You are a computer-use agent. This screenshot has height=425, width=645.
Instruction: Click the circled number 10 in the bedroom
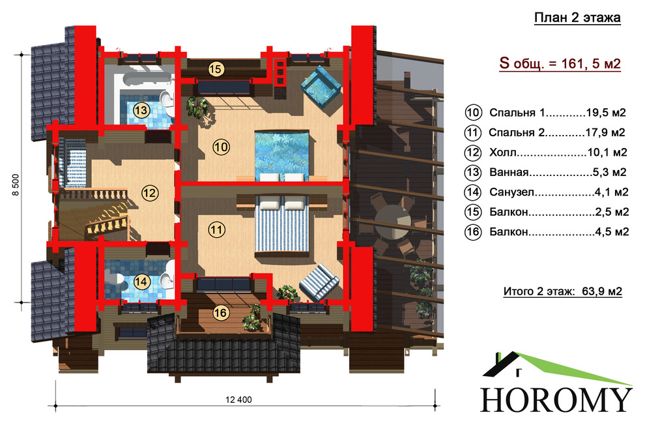(221, 147)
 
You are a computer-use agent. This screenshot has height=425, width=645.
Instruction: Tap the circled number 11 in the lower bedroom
(217, 229)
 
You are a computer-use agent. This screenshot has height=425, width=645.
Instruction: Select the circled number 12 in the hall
(150, 192)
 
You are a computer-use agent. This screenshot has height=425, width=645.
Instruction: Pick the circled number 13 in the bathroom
(141, 110)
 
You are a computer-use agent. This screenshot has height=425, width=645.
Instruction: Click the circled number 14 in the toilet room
(141, 282)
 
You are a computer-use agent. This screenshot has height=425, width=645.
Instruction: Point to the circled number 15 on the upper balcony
(216, 69)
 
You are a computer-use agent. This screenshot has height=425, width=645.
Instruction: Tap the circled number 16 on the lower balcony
(220, 313)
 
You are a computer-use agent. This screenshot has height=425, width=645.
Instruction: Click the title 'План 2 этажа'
(577, 18)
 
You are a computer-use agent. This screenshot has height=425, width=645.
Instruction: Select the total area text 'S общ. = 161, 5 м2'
(560, 64)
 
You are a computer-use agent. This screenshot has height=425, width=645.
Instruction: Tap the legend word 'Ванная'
(509, 172)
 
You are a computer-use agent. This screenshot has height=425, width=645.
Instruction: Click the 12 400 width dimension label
(238, 400)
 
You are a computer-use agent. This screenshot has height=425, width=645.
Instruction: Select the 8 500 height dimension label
(15, 184)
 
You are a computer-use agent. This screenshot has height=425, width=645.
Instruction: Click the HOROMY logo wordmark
(556, 399)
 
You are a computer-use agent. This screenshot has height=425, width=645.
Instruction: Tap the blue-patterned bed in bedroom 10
(281, 156)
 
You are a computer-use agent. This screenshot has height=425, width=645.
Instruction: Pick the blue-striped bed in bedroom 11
(281, 224)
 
